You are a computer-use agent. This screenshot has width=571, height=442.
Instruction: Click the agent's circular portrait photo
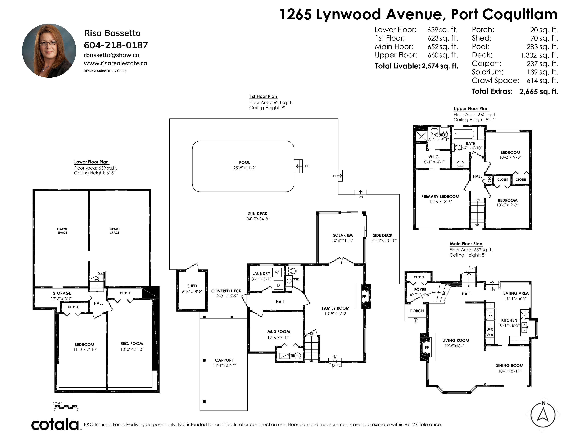click(49, 51)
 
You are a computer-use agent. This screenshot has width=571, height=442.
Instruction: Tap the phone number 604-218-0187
click(116, 45)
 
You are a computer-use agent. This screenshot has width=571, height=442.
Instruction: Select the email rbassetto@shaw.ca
click(111, 55)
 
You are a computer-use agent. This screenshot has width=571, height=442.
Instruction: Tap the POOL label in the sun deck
click(244, 162)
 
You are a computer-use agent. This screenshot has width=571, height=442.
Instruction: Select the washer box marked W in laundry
click(277, 273)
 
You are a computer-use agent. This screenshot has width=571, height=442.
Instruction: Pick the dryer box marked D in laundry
click(278, 285)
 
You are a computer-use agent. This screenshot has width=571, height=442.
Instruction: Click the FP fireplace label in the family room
click(364, 297)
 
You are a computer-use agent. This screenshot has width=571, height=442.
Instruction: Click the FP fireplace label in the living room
click(427, 348)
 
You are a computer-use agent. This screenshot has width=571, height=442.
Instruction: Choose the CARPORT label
click(224, 360)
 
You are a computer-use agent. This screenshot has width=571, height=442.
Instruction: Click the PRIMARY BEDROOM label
click(440, 196)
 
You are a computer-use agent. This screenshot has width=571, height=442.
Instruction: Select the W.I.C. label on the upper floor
click(434, 157)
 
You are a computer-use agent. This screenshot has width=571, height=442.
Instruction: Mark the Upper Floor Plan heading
click(471, 108)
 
